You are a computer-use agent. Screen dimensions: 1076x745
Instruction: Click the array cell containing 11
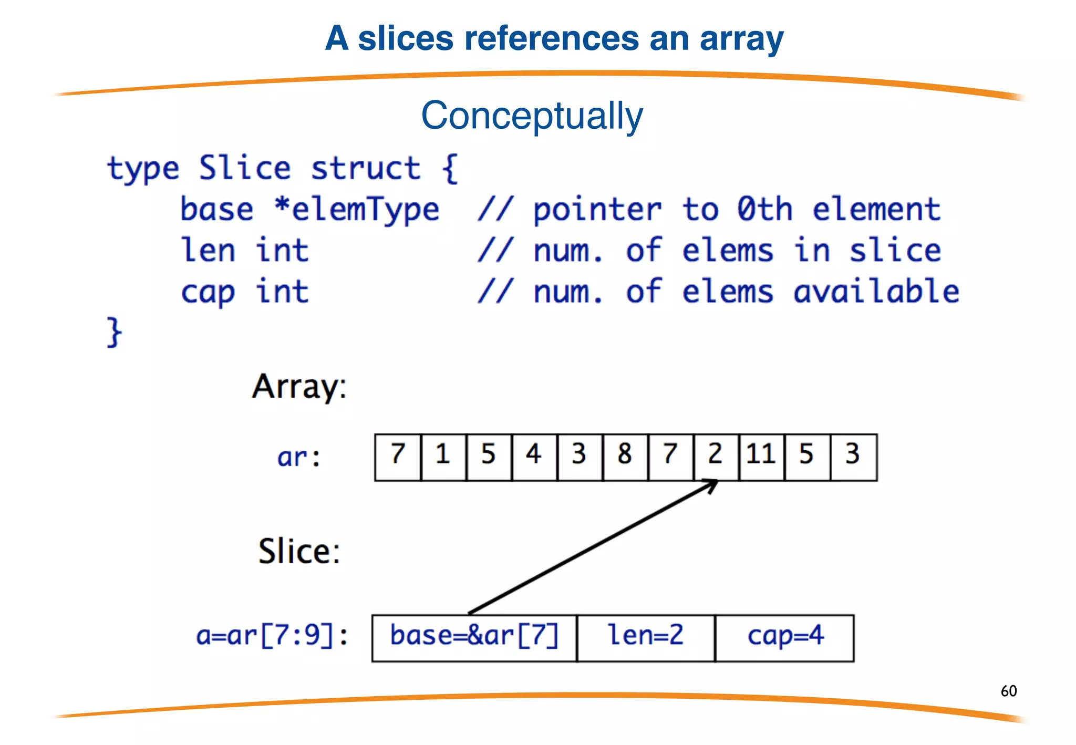click(761, 457)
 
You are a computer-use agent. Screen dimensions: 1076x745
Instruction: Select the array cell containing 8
click(625, 457)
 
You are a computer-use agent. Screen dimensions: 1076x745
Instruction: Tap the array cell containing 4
click(534, 457)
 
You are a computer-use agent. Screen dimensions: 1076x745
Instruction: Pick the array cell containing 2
click(716, 457)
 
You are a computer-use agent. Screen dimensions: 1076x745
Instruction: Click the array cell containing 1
click(443, 457)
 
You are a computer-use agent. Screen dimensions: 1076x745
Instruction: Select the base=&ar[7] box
click(474, 637)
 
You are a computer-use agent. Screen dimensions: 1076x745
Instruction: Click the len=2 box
click(646, 637)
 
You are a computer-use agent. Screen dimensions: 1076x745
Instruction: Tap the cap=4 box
click(784, 637)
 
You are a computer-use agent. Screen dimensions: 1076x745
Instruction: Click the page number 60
click(1008, 691)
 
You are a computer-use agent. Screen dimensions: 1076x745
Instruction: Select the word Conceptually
click(532, 116)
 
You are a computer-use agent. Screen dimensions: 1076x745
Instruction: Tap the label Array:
click(299, 388)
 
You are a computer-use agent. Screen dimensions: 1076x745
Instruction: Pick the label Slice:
click(299, 552)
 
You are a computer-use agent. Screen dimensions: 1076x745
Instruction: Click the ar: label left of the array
click(298, 457)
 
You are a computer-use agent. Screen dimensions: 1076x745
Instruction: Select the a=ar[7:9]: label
click(272, 636)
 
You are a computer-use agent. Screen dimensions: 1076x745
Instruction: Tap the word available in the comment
click(876, 292)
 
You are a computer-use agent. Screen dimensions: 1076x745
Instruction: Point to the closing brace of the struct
click(114, 332)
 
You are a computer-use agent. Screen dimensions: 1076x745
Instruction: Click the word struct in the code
click(366, 169)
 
